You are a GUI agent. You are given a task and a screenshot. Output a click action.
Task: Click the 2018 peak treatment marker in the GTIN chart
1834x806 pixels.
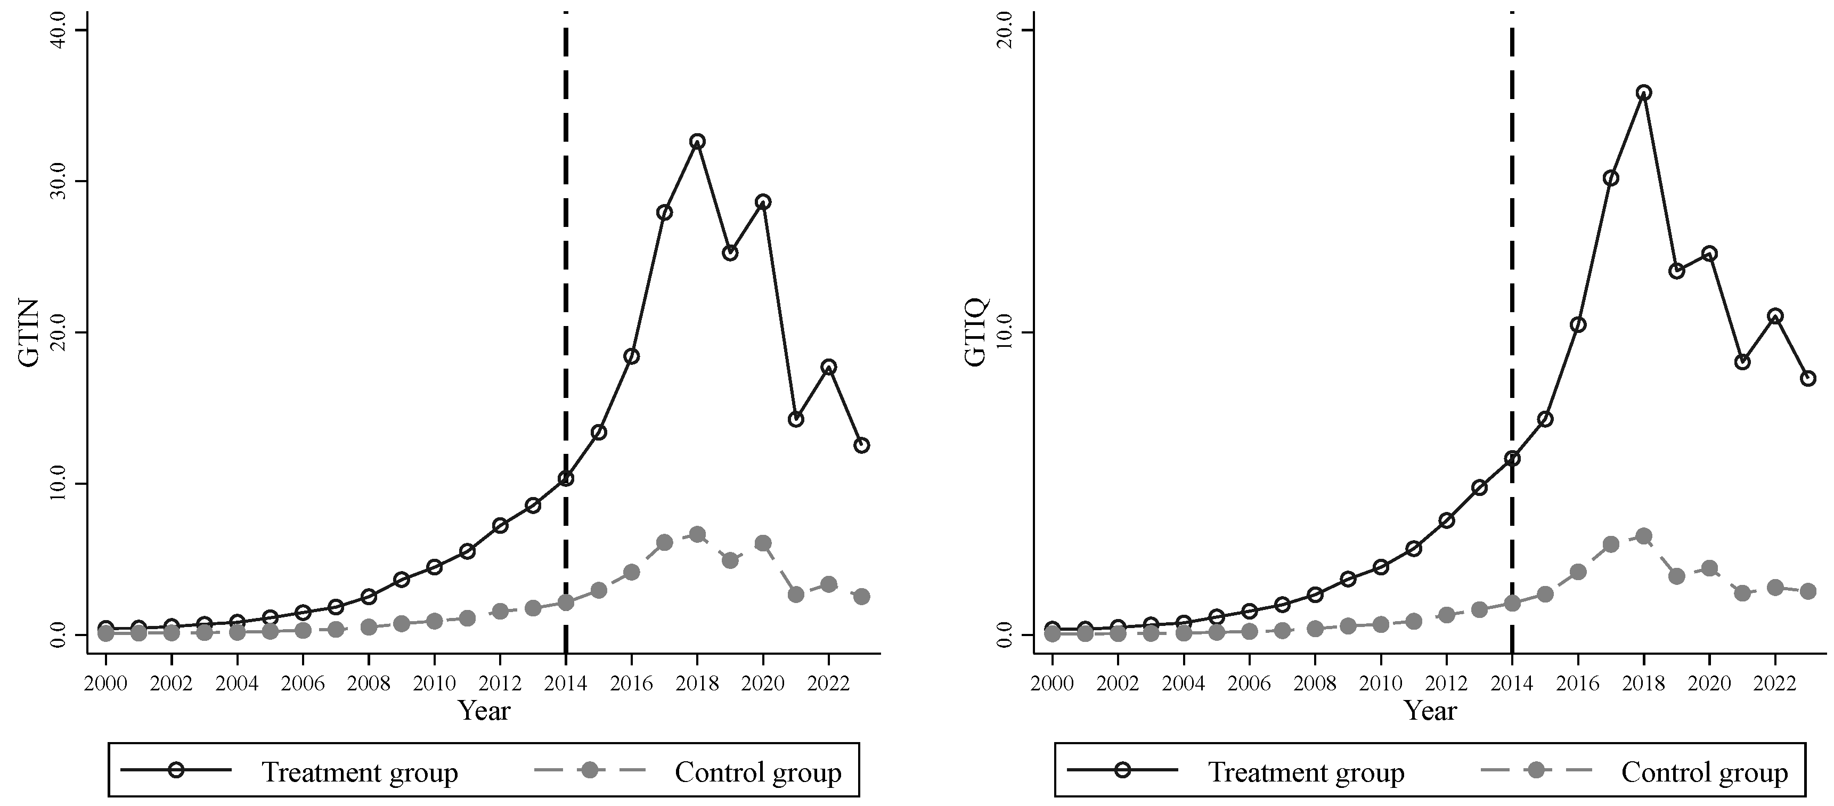[697, 141]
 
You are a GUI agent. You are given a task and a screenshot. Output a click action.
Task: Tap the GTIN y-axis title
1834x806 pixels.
[29, 332]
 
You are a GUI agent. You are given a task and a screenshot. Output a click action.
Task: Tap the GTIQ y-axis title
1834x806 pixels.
[976, 332]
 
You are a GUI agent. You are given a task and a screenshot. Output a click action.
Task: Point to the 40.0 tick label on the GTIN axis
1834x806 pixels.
[60, 30]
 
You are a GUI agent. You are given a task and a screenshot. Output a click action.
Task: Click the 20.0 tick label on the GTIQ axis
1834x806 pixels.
[1007, 30]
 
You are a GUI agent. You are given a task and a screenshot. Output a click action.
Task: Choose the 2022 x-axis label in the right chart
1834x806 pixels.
[1775, 683]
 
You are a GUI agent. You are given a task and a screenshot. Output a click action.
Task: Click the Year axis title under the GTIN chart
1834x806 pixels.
[484, 710]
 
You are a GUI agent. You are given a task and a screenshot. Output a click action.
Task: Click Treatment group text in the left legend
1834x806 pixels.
[360, 772]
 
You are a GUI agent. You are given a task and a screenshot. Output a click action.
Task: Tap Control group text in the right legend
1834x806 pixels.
[1705, 772]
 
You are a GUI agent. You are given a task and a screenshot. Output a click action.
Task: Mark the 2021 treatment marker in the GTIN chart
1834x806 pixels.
[796, 419]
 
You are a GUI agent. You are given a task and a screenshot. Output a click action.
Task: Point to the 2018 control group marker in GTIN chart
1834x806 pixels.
[697, 534]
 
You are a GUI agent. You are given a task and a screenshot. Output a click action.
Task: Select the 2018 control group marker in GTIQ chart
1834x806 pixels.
[1644, 536]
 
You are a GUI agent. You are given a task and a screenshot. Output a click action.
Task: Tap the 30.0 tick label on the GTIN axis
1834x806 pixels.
[60, 181]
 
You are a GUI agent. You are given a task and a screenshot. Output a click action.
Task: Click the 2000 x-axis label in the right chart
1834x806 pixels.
[1052, 683]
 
